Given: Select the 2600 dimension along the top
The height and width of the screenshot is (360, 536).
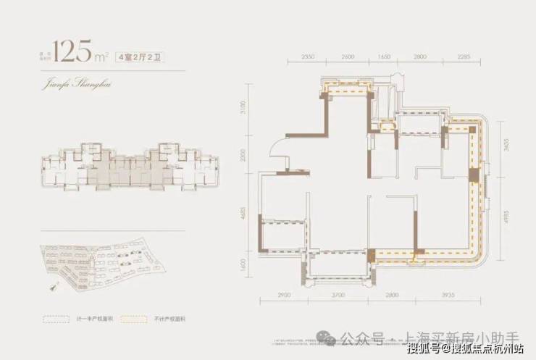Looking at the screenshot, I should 348,56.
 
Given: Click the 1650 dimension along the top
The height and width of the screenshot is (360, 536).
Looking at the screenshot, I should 384,56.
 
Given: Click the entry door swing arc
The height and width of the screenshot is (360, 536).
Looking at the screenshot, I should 277,148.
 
